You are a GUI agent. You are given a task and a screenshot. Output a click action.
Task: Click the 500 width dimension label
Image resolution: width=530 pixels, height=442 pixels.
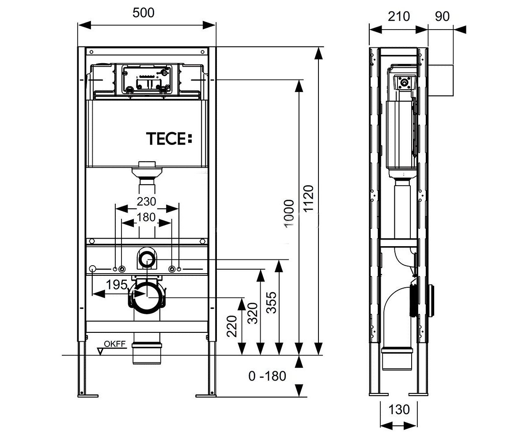click(x=143, y=13)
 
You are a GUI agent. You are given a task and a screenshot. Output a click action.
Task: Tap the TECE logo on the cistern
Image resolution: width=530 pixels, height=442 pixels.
click(x=169, y=139)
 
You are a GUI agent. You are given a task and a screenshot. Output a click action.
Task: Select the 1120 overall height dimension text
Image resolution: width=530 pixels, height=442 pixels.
click(x=309, y=198)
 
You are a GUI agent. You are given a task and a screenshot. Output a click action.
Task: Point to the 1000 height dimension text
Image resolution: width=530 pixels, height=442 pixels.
click(x=289, y=213)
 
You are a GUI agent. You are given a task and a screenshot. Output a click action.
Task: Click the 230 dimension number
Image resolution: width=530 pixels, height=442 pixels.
click(x=147, y=202)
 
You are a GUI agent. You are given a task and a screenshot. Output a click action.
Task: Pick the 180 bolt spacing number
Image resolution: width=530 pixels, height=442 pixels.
click(x=146, y=217)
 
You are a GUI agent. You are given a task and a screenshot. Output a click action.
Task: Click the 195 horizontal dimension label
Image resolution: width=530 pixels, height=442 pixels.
click(x=117, y=285)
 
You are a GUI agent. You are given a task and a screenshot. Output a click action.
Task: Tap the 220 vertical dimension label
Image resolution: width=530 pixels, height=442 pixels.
click(x=232, y=326)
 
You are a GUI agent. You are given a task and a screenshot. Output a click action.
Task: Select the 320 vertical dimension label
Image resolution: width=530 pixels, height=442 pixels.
click(x=253, y=313)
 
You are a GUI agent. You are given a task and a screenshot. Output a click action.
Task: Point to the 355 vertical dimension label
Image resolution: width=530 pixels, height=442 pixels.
click(x=271, y=302)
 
